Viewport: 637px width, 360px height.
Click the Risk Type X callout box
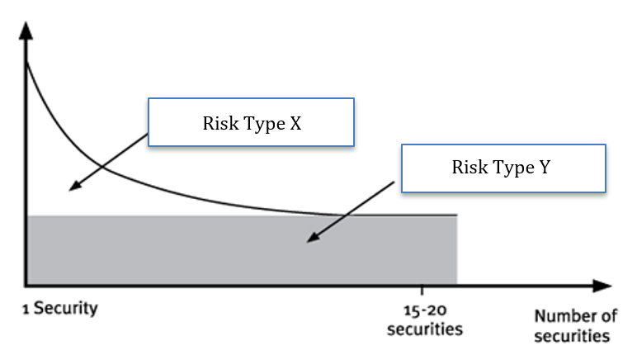[x=251, y=123]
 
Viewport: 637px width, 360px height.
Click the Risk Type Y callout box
[x=503, y=168]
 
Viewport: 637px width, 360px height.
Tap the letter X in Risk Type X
[x=295, y=124]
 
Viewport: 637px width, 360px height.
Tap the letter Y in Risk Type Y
[x=545, y=168]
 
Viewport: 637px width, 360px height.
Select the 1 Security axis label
[x=60, y=309]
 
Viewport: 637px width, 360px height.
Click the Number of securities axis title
[x=575, y=326]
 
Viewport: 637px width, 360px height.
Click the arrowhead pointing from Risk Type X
[x=73, y=187]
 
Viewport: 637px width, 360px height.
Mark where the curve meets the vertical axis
[x=27, y=62]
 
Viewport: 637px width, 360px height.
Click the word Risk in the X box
[x=218, y=124]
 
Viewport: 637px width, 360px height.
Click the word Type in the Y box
[x=507, y=168]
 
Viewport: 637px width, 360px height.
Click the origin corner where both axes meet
[x=27, y=287]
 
